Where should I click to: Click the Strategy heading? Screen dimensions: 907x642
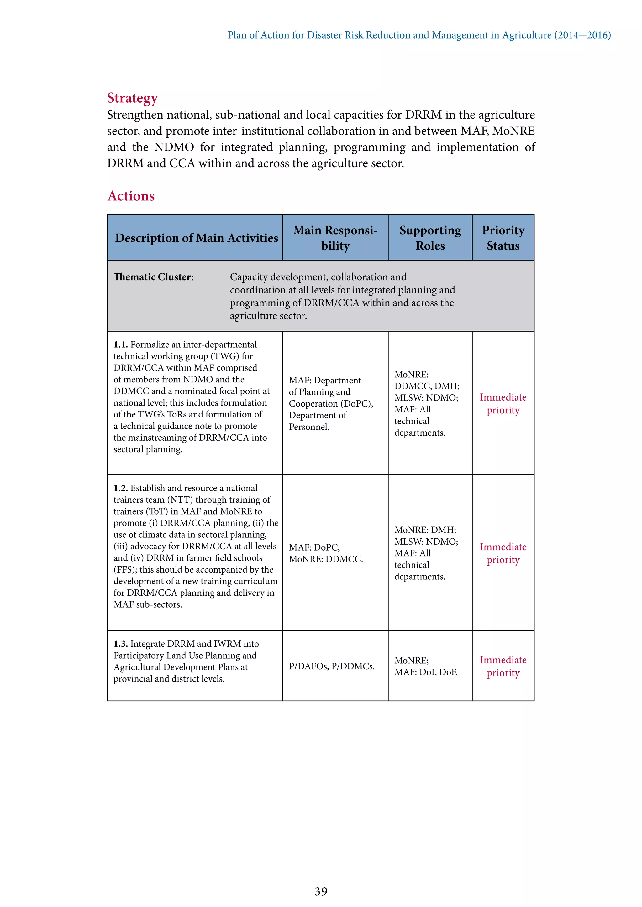[x=132, y=98]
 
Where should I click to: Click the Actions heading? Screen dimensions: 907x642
[x=131, y=196]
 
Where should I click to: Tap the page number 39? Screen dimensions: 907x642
[x=321, y=891]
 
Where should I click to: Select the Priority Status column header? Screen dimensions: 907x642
[x=503, y=237]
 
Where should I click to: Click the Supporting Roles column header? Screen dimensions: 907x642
[x=430, y=237]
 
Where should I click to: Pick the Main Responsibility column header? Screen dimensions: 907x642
[x=335, y=237]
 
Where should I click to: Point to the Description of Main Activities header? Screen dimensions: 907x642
[x=197, y=238]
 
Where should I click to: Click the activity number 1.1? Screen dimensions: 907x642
[x=121, y=345]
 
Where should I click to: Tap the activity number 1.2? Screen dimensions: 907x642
[x=121, y=488]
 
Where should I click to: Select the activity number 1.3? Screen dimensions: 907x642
[x=121, y=644]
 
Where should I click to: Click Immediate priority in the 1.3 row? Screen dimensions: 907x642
[x=503, y=666]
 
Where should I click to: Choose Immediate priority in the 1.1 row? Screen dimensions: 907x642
[x=503, y=403]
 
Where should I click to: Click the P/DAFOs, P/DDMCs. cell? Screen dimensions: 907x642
[x=332, y=666]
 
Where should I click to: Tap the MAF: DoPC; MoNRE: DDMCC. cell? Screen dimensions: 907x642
[x=326, y=553]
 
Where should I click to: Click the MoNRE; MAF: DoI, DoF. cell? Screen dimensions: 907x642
[x=426, y=666]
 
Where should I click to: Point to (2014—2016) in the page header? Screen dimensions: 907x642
[x=582, y=35]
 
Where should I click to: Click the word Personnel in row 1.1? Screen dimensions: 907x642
[x=309, y=427]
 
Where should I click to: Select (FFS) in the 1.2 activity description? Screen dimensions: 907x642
[x=125, y=569]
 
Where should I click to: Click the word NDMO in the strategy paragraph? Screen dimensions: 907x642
[x=174, y=147]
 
